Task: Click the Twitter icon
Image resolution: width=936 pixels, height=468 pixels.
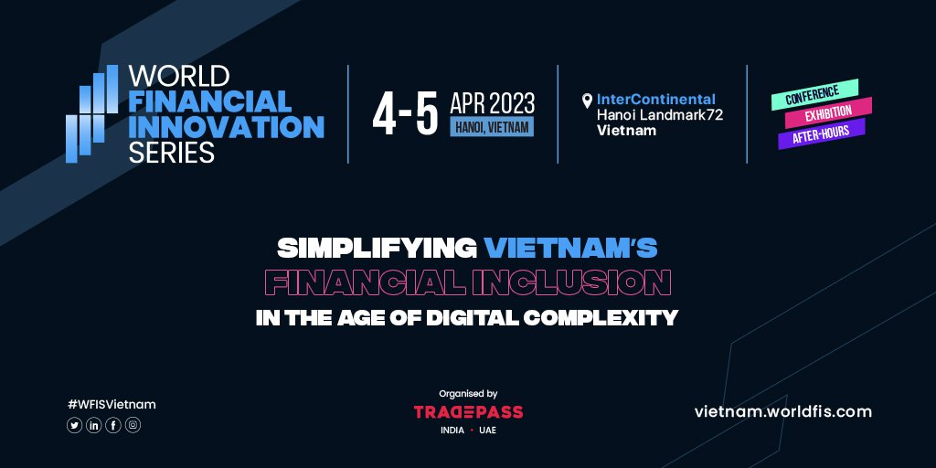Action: [x=74, y=425]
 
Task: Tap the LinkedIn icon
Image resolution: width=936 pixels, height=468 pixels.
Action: [x=94, y=425]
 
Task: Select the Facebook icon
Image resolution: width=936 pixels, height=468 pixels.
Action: [x=113, y=425]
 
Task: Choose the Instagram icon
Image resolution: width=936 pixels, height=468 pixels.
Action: [x=133, y=425]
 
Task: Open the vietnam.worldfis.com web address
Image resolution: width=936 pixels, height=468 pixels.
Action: [x=783, y=411]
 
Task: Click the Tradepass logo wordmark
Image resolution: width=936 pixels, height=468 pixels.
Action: [x=468, y=412]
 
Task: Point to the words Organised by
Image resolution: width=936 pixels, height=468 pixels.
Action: [x=468, y=392]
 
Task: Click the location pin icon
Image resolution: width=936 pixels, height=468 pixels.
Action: [x=587, y=101]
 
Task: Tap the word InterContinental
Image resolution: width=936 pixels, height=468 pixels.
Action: [x=655, y=99]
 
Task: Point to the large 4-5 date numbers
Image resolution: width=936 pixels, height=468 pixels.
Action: [x=404, y=113]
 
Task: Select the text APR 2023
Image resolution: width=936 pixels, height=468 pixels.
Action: [x=492, y=101]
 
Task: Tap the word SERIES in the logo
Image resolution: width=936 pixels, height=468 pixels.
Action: [x=172, y=153]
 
